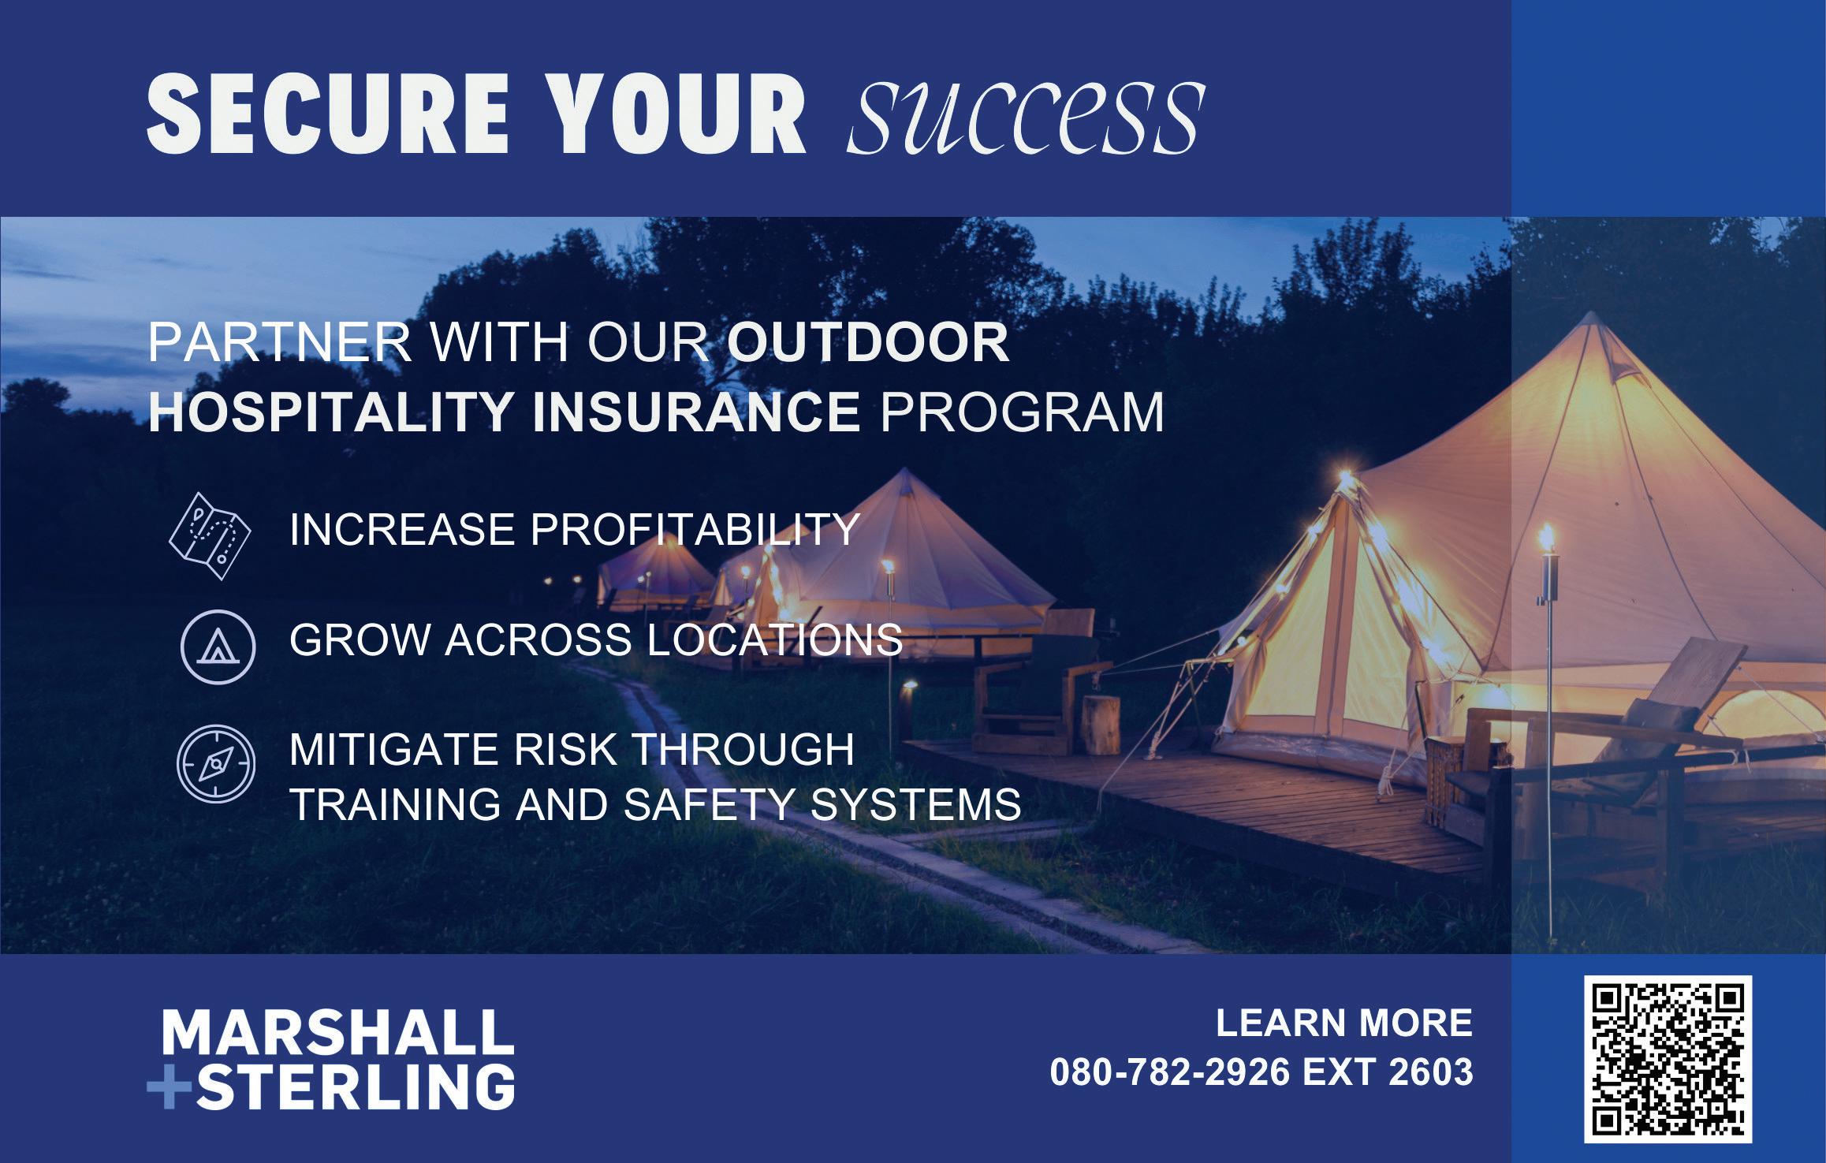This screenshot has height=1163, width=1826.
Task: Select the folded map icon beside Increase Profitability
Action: [x=210, y=536]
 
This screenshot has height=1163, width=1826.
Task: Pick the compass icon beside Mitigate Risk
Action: [x=216, y=763]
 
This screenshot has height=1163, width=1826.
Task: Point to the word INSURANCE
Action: [x=696, y=412]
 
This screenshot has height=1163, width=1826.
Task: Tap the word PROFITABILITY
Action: [x=695, y=528]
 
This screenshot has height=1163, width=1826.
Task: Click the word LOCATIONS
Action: [x=775, y=639]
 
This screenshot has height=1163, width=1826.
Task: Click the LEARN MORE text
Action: [x=1343, y=1023]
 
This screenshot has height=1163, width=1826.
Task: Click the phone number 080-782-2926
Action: [x=1170, y=1072]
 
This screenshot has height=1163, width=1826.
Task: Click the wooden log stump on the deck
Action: [x=1101, y=724]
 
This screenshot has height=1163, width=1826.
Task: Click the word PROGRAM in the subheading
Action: [x=1022, y=412]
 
